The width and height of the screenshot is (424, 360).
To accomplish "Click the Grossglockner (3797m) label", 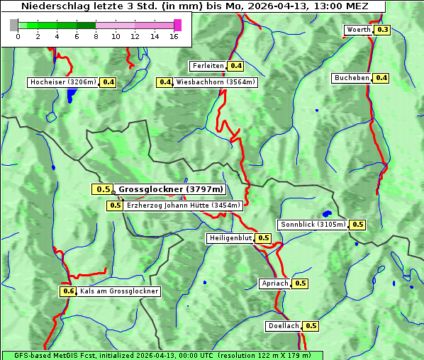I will coord(170,189).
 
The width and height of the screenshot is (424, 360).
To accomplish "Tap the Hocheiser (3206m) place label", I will coord(62,82).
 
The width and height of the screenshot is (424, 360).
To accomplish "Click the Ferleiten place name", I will coord(208,66).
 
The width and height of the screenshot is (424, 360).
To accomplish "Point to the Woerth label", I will coord(358,30).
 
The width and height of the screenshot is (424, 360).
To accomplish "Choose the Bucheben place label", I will coord(352,77).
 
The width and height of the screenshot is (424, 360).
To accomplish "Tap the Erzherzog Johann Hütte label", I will coord(184,206).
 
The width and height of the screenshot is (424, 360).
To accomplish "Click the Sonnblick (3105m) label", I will coord(313,225).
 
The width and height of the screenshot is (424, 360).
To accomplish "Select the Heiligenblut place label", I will coord(230,238).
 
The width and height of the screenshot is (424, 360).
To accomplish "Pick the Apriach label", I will coord(275,283).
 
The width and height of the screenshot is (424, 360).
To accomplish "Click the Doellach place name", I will coord(284,326).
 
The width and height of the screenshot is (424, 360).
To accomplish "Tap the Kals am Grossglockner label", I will coord(119,291).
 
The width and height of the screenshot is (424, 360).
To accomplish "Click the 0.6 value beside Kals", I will coord(68,291).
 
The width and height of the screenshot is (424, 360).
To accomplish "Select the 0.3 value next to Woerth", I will coord(382,30).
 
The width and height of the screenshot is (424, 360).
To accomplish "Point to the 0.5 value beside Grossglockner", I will coord(103,189).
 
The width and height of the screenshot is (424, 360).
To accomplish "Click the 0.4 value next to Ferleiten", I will coord(235,66).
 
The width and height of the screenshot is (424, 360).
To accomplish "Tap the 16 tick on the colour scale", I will coord(174,36).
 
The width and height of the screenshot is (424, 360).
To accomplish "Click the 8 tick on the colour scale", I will coord(96,36).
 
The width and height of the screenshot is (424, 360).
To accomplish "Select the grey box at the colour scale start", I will coord(13,25).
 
